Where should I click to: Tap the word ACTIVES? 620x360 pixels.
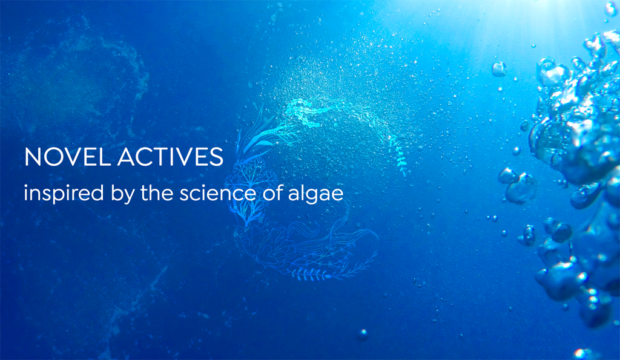tap(170, 157)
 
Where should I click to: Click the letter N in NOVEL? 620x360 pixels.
tap(33, 157)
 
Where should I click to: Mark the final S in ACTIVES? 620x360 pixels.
tap(217, 157)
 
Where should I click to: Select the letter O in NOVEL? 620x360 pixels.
tap(53, 157)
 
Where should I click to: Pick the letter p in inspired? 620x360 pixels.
tap(59, 195)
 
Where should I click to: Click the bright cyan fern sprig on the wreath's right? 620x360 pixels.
tap(398, 155)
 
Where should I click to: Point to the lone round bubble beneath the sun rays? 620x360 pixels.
tap(499, 69)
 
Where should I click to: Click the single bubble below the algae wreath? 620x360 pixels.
tap(362, 334)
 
